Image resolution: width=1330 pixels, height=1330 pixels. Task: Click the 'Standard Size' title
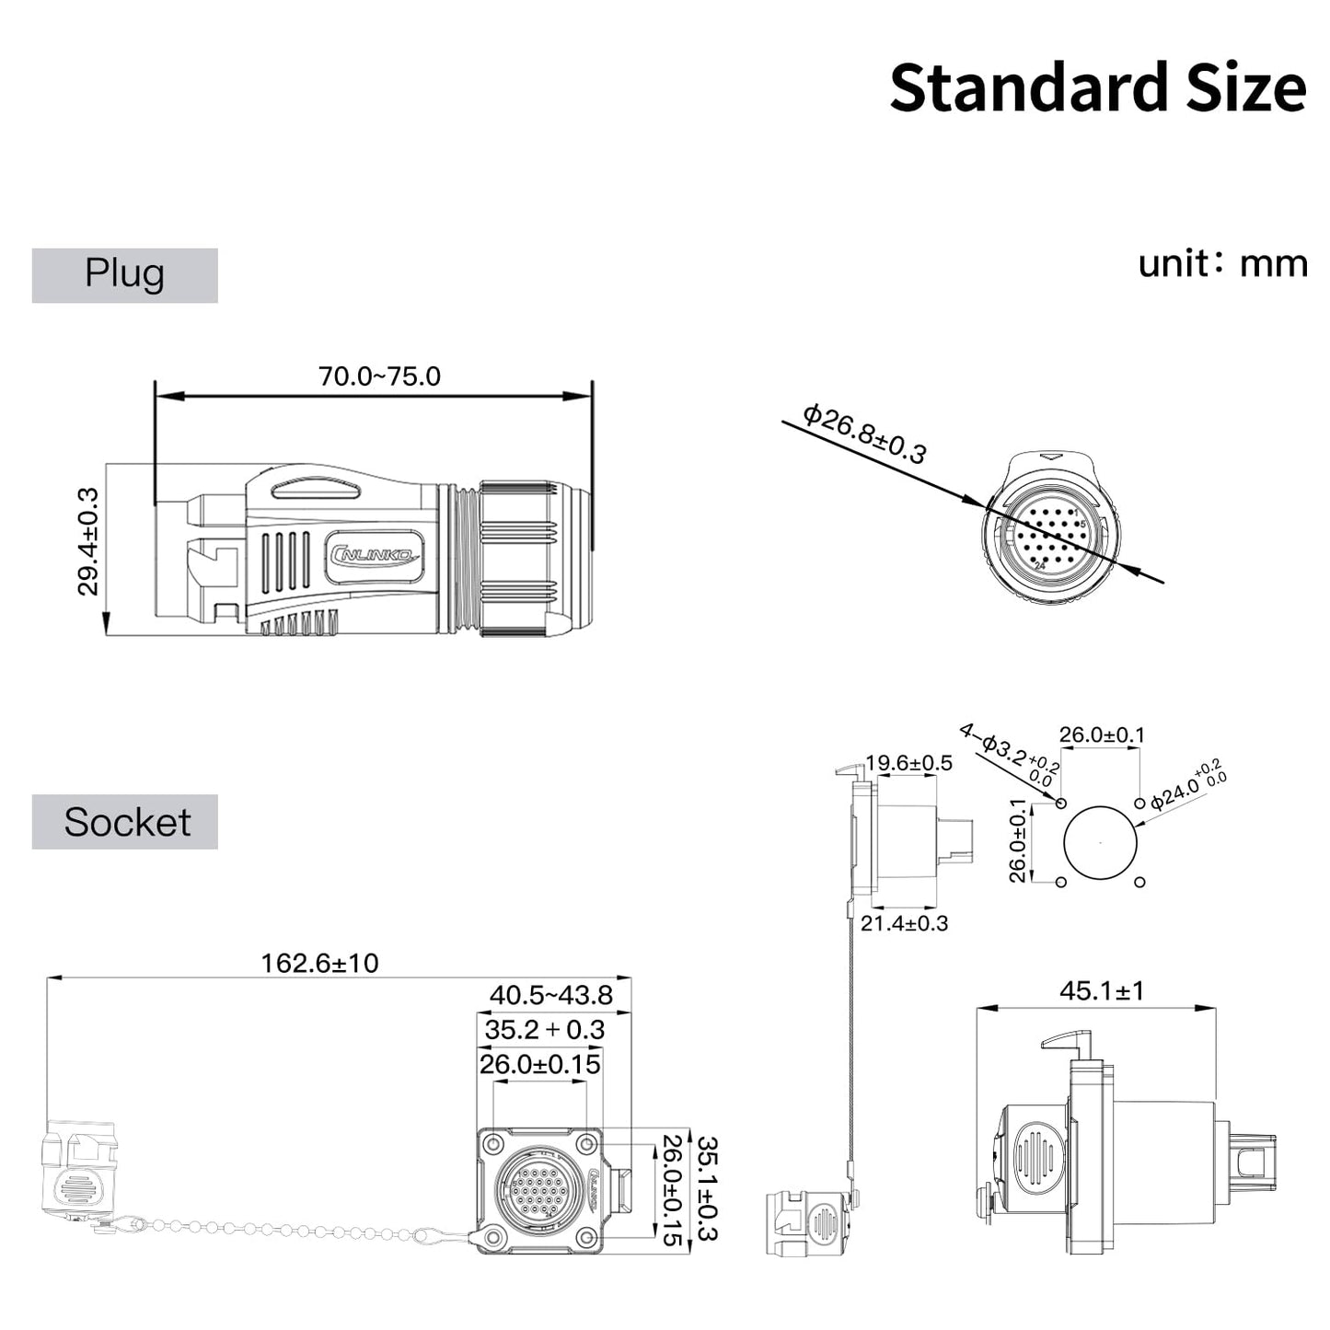point(1097,87)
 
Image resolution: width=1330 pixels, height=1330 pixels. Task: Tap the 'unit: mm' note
point(1222,263)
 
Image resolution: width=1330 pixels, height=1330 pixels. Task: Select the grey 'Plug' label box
point(125,275)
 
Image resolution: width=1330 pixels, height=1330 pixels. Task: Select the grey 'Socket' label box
point(125,821)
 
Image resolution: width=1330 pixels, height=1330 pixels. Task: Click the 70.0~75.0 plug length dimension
point(379,376)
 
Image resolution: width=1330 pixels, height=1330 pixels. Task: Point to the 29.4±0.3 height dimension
point(88,542)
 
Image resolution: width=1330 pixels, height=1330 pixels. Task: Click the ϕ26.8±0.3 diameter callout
point(864,434)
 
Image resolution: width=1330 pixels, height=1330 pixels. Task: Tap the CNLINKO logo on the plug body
point(373,554)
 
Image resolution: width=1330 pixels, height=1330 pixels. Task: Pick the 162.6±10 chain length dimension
point(319,964)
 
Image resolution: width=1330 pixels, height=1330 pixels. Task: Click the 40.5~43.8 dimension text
point(550,995)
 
